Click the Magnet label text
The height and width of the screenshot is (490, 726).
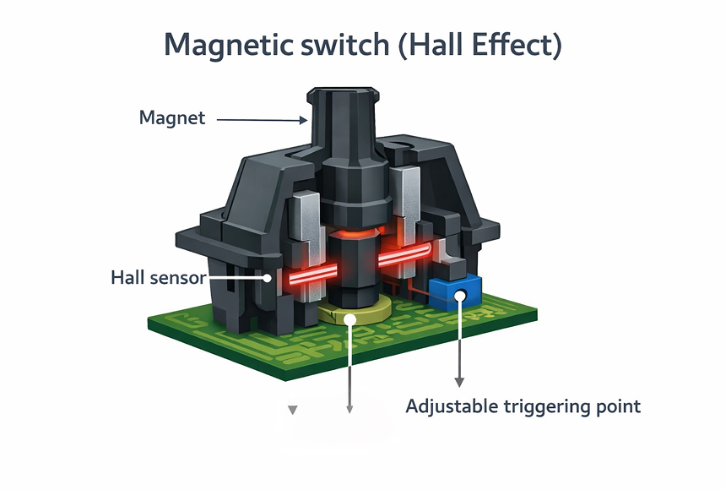pos(172,118)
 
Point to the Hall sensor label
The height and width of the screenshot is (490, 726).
pos(158,277)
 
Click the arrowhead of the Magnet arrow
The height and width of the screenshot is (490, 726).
pos(303,119)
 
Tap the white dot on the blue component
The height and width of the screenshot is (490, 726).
pos(459,296)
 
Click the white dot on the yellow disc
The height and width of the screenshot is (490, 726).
pos(349,319)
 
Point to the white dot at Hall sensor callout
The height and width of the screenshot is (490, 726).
pos(268,277)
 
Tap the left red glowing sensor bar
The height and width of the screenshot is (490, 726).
pos(303,275)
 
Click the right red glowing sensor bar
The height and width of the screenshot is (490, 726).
pos(404,256)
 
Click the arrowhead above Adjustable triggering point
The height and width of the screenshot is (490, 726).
pos(459,381)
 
